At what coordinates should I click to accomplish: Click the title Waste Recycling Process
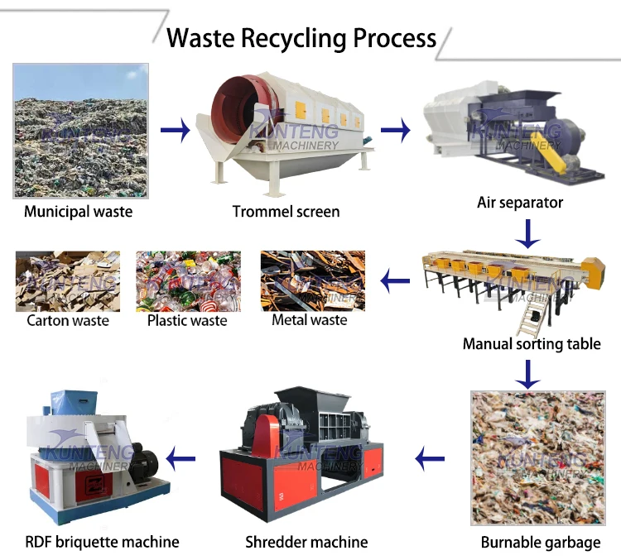point(301,38)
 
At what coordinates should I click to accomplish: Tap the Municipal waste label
point(78,212)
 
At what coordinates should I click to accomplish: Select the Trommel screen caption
point(286,212)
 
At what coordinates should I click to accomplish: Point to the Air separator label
point(520,203)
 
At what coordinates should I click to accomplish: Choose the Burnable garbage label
point(541,543)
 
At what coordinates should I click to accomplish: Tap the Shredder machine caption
point(306,543)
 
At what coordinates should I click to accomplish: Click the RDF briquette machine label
point(103,543)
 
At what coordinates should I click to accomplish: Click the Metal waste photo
point(312,280)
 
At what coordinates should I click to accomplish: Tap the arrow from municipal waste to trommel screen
point(175,130)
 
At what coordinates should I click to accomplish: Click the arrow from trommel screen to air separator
point(395,130)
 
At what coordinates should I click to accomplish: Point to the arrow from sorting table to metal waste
point(396,282)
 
